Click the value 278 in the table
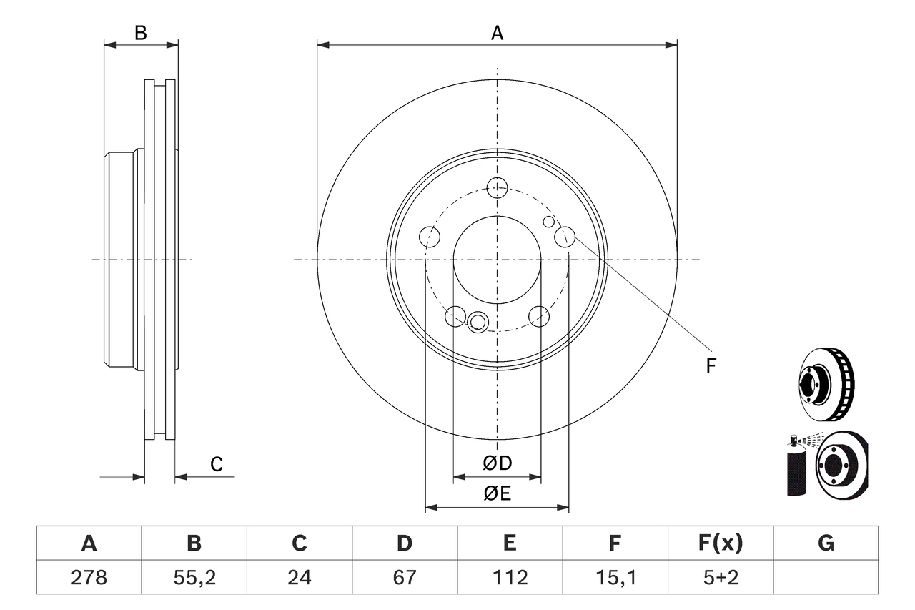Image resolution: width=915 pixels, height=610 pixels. (x=89, y=576)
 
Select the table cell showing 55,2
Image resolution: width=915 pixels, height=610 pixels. (x=194, y=576)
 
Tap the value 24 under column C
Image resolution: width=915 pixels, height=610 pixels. (x=299, y=576)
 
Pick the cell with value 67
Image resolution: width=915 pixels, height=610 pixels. (x=404, y=576)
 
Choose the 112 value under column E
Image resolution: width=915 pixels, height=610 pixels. (x=509, y=576)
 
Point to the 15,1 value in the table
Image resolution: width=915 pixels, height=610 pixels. (x=615, y=576)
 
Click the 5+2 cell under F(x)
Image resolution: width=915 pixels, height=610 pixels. (x=720, y=576)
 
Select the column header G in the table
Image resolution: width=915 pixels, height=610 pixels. (x=826, y=543)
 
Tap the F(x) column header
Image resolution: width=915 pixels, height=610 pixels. (x=720, y=543)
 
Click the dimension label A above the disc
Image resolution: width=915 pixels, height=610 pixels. (x=497, y=32)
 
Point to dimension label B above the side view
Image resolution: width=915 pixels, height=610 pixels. (x=141, y=32)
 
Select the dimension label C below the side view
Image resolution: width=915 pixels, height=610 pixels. (x=217, y=464)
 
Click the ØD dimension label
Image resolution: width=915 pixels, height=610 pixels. (x=498, y=463)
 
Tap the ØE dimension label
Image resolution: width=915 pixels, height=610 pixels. (x=498, y=493)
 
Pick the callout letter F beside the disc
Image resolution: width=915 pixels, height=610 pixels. (x=711, y=366)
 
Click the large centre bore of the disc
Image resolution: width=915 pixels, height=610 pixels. (x=497, y=259)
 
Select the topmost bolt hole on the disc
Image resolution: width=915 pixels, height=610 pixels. (x=497, y=188)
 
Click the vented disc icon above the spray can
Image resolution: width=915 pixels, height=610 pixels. (x=826, y=385)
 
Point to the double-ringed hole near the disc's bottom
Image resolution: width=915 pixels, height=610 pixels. (x=477, y=322)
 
